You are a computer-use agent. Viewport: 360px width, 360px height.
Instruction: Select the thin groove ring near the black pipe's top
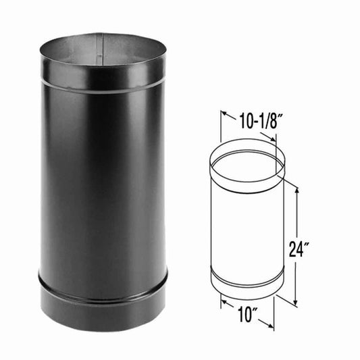tap(101, 83)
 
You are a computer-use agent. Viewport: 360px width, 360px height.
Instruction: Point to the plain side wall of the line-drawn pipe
tap(246, 230)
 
